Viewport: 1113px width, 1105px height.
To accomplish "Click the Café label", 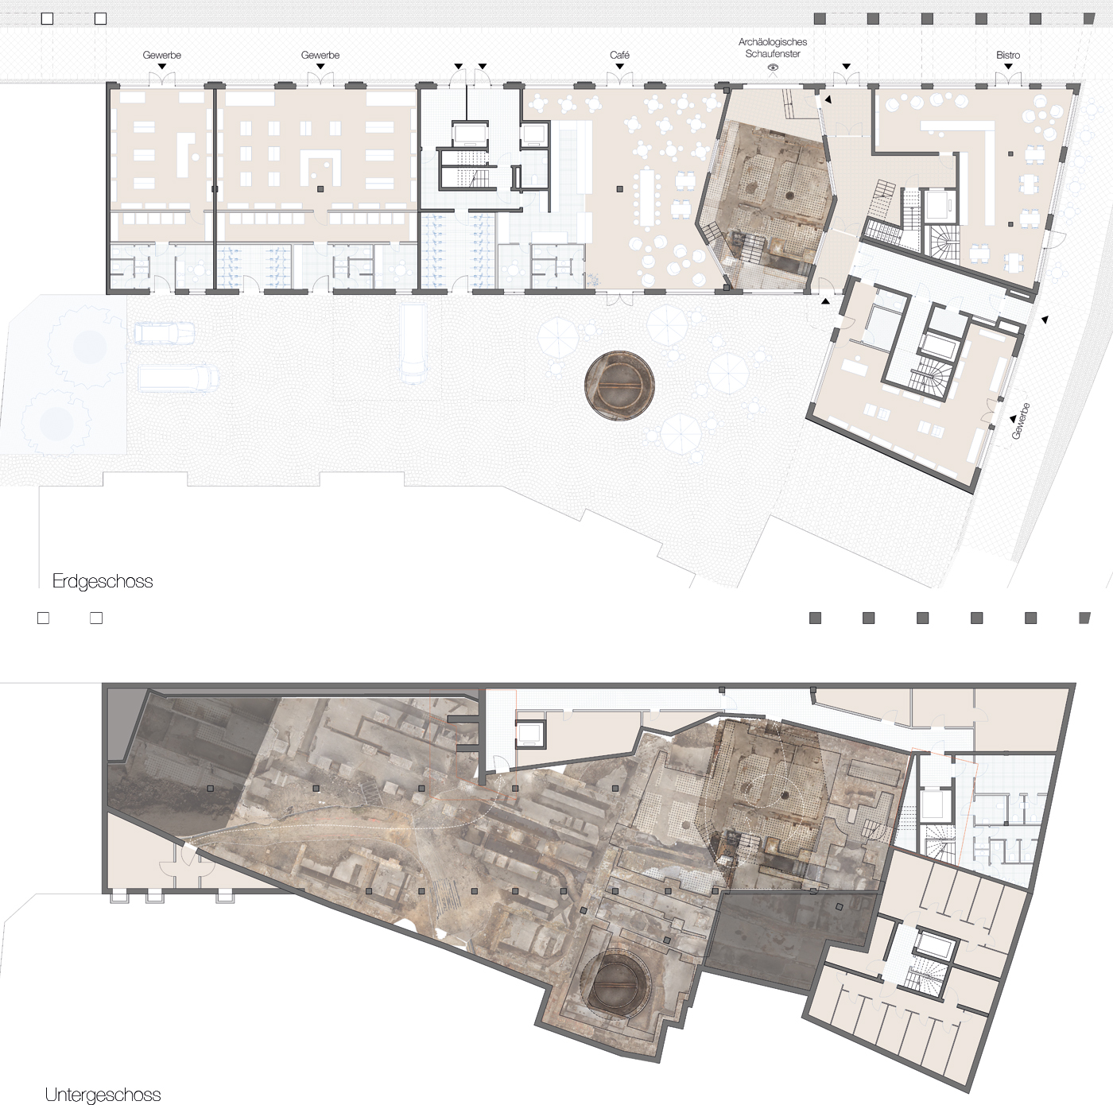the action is pos(619,55).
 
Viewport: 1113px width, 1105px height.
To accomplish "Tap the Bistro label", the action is pos(1008,55).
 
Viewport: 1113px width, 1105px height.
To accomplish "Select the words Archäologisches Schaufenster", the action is pos(772,48).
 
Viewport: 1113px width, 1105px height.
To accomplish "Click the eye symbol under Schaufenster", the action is pos(772,68).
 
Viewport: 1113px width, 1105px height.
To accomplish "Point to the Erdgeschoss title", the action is pos(103,580).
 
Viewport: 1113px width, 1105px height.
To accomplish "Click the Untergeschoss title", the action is pos(103,1095).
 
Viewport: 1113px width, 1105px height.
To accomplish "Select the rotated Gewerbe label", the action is pos(1020,421).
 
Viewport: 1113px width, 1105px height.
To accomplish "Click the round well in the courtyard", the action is pos(619,385).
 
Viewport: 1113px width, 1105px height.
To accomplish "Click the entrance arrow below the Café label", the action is pos(619,67).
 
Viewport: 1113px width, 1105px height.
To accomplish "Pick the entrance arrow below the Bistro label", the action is pos(1008,67).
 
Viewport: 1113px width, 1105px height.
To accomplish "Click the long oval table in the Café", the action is pos(647,197).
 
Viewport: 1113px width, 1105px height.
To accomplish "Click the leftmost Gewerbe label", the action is pos(161,55).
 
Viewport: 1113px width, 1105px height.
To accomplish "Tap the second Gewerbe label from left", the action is pos(320,55).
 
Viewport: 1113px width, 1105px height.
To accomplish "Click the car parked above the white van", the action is pos(164,333).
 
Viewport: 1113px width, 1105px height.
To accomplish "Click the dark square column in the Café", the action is pos(619,189).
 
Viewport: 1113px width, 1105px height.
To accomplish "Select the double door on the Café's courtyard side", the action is pos(619,300).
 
